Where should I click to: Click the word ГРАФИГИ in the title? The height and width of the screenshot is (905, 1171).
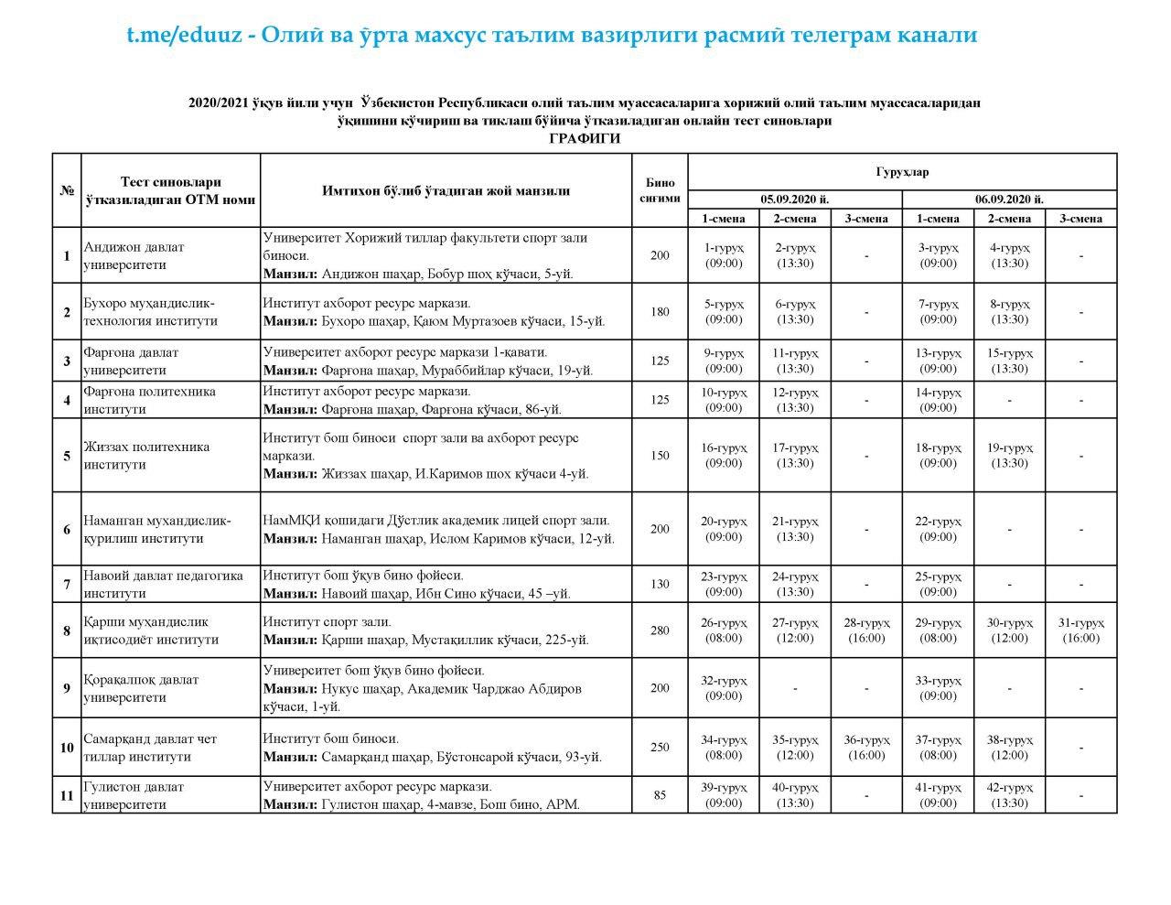585,138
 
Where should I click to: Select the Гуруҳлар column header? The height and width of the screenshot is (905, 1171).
902,171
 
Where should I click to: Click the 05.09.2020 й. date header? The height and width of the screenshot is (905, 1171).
794,199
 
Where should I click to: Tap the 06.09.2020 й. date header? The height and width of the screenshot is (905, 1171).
1009,199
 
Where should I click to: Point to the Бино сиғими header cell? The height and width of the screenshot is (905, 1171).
660,190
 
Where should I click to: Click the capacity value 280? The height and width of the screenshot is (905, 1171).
660,630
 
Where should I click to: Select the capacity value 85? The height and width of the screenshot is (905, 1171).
660,795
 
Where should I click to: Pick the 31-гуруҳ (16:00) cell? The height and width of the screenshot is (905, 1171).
1080,630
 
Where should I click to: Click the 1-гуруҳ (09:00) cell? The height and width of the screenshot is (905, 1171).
724,255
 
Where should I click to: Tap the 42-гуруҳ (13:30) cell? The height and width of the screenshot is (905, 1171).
1009,795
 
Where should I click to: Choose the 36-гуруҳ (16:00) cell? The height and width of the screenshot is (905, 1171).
866,748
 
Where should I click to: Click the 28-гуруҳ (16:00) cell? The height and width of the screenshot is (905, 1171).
866,630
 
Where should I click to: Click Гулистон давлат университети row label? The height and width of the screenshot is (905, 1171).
134,795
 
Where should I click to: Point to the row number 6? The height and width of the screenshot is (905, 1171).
67,529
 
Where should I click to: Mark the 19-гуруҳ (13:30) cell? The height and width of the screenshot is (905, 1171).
1009,456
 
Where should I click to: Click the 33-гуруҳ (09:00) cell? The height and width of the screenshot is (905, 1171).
938,688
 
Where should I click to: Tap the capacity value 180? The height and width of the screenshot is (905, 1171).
660,312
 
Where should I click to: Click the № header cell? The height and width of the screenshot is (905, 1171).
67,190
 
